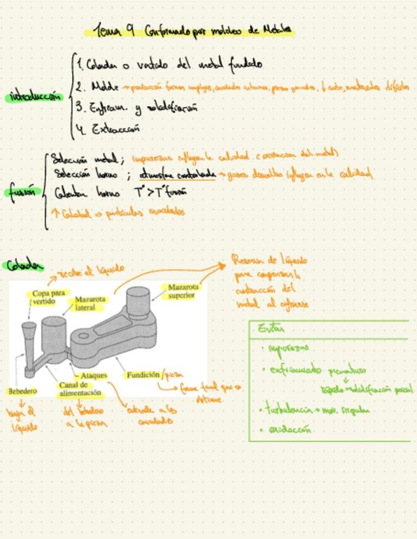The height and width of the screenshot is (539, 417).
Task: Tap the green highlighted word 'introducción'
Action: tap(36, 97)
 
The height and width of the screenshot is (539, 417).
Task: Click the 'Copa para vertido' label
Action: tap(48, 297)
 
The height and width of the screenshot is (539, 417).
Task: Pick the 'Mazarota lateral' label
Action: tap(90, 303)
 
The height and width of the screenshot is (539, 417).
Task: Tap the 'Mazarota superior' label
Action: tap(182, 291)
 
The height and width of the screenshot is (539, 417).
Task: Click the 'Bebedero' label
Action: tap(22, 391)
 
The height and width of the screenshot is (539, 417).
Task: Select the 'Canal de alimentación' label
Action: tap(80, 389)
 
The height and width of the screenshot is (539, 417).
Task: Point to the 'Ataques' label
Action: tap(94, 376)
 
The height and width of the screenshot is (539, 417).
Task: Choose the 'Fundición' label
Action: tap(142, 375)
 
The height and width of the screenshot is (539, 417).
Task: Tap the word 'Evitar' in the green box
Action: tap(271, 329)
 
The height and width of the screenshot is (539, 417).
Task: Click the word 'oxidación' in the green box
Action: tap(289, 430)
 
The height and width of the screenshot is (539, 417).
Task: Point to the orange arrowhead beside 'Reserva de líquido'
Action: tap(223, 264)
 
